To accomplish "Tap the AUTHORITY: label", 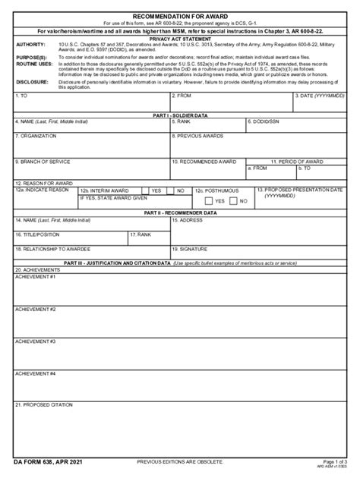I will coord(31,44).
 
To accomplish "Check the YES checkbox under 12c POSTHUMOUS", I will coord(209,201).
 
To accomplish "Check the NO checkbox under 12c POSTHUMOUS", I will coord(234,201).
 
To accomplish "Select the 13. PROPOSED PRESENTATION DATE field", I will coord(301,199).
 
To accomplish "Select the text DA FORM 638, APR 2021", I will coord(48,461).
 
